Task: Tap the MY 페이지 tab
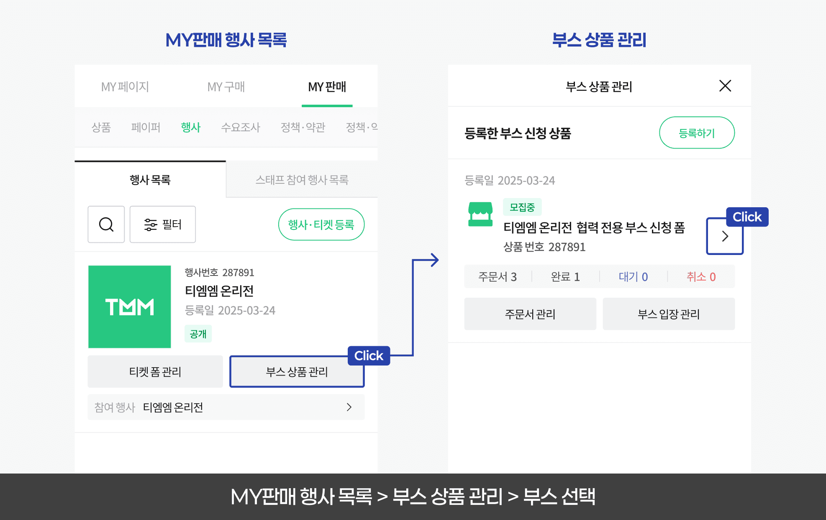pyautogui.click(x=125, y=87)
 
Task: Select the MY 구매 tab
pyautogui.click(x=226, y=87)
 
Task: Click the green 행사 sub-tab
pyautogui.click(x=191, y=127)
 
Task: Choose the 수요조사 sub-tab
pyautogui.click(x=241, y=127)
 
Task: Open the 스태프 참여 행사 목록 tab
pyautogui.click(x=302, y=180)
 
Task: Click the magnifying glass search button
pyautogui.click(x=106, y=224)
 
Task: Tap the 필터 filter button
pyautogui.click(x=163, y=224)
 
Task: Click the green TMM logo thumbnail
pyautogui.click(x=130, y=306)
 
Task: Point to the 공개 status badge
pyautogui.click(x=198, y=334)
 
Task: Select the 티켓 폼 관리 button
pyautogui.click(x=155, y=371)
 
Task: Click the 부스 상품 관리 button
pyautogui.click(x=297, y=371)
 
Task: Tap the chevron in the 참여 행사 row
pyautogui.click(x=349, y=407)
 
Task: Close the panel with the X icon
pyautogui.click(x=725, y=86)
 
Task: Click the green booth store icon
pyautogui.click(x=480, y=214)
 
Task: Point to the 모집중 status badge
pyautogui.click(x=522, y=207)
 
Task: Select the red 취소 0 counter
pyautogui.click(x=701, y=276)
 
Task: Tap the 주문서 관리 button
pyautogui.click(x=530, y=314)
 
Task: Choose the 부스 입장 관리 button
pyautogui.click(x=668, y=314)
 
